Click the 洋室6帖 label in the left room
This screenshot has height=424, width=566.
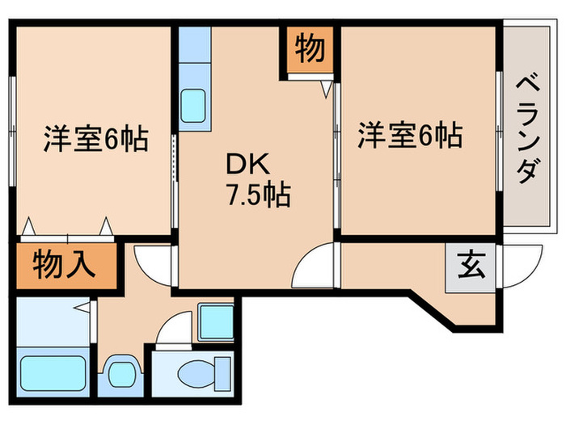[x=95, y=140]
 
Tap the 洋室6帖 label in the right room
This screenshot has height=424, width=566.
[x=410, y=134]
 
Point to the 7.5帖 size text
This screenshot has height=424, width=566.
[x=258, y=195]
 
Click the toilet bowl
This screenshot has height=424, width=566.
[x=194, y=373]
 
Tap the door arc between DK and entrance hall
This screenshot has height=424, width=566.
[x=315, y=262]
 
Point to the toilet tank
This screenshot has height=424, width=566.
[x=222, y=373]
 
